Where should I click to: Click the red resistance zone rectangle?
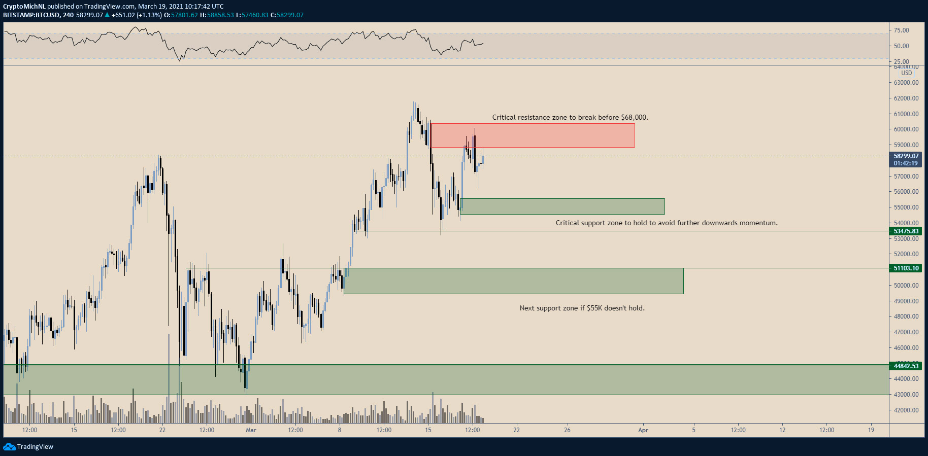(533, 135)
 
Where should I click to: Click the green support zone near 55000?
(562, 206)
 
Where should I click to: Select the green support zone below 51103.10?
(513, 281)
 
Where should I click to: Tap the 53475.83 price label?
(906, 231)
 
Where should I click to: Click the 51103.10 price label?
(906, 268)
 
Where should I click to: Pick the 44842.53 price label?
(906, 366)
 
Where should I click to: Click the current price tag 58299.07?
(906, 156)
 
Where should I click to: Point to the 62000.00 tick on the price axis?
(906, 98)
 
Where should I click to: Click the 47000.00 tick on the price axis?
(906, 332)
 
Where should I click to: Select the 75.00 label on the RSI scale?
(902, 30)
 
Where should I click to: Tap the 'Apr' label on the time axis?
(643, 430)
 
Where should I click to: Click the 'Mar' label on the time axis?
(251, 430)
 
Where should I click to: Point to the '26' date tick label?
(567, 430)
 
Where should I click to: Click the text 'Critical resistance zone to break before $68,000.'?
(570, 117)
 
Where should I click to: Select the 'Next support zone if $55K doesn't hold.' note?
(582, 308)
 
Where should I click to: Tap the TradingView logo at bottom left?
(28, 446)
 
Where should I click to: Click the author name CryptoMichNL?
(24, 7)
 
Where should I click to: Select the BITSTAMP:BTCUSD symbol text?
(31, 15)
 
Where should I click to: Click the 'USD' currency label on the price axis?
(907, 73)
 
